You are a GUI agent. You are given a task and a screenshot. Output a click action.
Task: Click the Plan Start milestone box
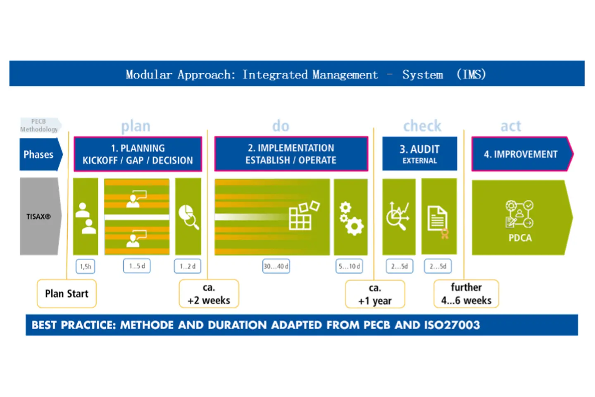click(67, 294)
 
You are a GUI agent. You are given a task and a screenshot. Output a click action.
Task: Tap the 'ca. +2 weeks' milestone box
click(209, 294)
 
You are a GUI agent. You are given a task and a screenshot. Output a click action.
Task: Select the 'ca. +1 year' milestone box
click(375, 294)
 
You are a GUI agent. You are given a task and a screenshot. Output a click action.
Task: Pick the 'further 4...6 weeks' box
click(466, 294)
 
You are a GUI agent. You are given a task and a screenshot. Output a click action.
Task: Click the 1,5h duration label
click(86, 266)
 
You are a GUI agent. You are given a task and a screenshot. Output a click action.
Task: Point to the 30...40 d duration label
click(276, 266)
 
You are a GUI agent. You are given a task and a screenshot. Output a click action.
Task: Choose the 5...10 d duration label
click(349, 266)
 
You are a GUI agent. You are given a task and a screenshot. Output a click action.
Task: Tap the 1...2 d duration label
click(188, 266)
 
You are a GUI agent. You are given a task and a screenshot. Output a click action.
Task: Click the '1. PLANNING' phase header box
click(138, 154)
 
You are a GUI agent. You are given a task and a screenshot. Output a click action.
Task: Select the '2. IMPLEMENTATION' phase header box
click(291, 154)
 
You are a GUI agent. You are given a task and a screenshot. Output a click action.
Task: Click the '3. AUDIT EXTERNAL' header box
click(419, 154)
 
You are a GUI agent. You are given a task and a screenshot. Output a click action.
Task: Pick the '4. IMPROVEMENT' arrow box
click(521, 154)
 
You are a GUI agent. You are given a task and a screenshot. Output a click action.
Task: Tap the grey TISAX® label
click(39, 216)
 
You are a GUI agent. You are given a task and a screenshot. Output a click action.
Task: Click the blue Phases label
click(39, 155)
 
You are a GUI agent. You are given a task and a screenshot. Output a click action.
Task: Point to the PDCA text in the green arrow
click(520, 238)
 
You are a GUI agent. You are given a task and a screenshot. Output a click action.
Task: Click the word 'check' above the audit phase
click(422, 126)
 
